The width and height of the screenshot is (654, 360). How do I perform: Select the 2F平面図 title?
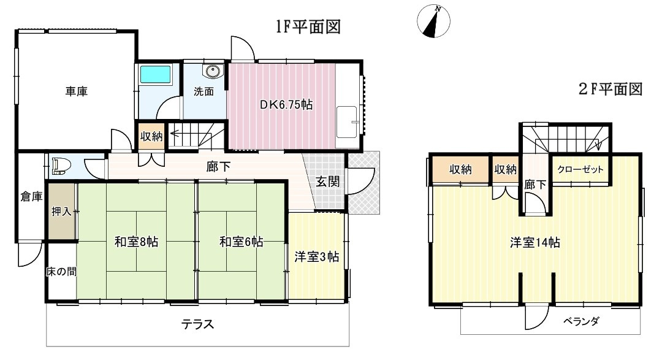pos(610,90)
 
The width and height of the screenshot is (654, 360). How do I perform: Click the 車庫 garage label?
pos(77,92)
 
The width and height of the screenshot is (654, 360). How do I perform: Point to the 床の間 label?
pos(61,271)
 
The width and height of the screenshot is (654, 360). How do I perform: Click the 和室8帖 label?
pos(136,242)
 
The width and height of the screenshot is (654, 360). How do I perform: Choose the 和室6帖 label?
pos(241,242)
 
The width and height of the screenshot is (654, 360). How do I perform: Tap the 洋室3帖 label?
pos(317,257)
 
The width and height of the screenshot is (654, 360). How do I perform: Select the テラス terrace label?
pos(197,324)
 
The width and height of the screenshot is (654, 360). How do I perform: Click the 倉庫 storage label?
pos(31,197)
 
